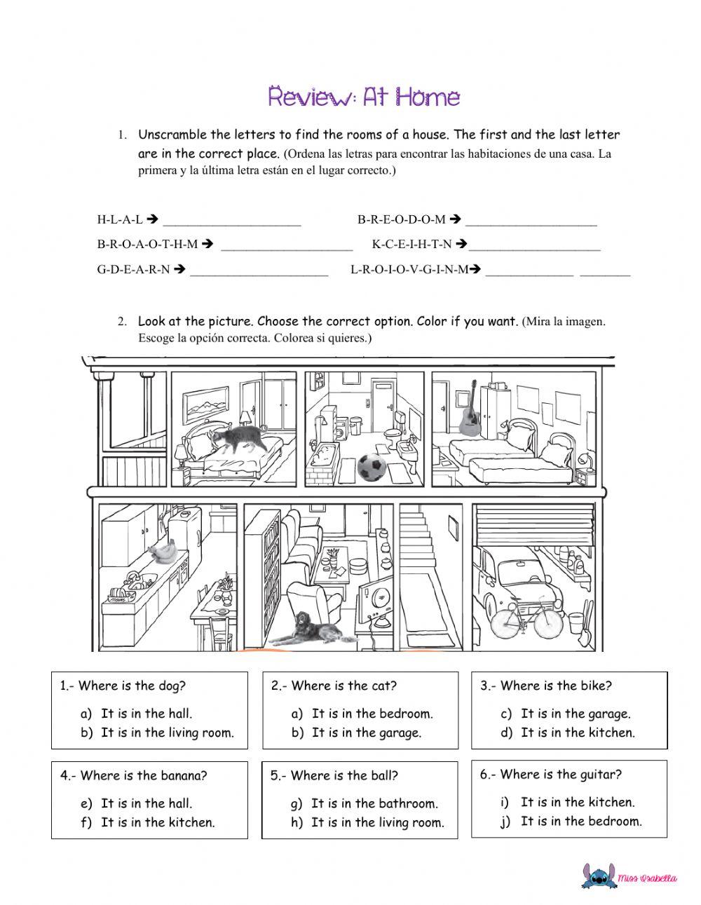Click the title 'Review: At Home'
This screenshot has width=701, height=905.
(364, 97)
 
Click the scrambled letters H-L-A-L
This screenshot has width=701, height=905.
(119, 219)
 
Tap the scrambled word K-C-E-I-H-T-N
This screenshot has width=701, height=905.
(411, 245)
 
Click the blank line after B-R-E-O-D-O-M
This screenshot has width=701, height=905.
(531, 223)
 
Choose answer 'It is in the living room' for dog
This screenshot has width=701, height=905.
(167, 733)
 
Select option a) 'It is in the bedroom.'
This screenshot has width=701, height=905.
(372, 714)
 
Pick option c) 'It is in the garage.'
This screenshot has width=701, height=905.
(575, 714)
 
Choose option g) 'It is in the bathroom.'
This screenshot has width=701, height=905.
(374, 803)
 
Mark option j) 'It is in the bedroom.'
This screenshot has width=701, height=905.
(580, 821)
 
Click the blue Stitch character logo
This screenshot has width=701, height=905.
(598, 876)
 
